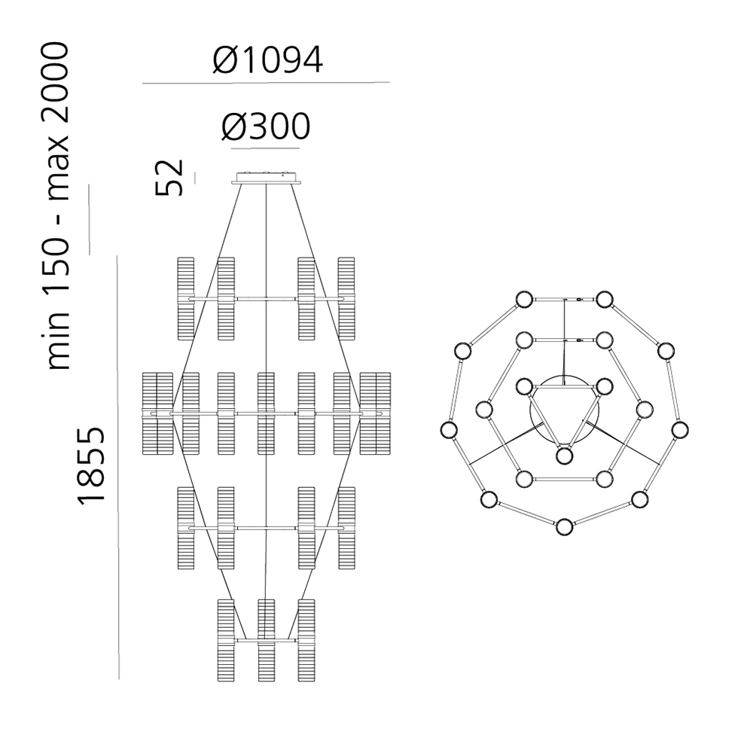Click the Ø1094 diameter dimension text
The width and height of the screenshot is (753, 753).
(268, 60)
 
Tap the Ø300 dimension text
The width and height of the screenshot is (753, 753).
(266, 127)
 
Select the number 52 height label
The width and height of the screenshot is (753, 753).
(169, 177)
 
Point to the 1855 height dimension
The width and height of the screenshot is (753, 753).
(91, 465)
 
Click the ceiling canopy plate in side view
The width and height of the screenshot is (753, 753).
(266, 177)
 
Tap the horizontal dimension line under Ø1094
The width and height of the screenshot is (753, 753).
(266, 83)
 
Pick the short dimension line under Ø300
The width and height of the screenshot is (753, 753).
(266, 148)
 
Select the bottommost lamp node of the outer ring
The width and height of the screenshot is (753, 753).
(564, 527)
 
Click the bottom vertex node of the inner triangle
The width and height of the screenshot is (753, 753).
(564, 456)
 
